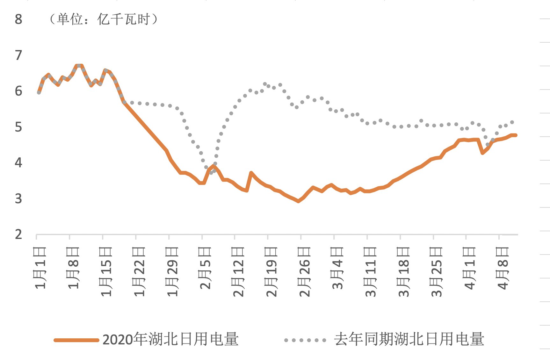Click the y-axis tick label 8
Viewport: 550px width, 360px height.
pos(18,19)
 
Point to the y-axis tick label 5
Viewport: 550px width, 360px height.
pos(18,127)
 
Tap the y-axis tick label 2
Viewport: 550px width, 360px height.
pos(18,234)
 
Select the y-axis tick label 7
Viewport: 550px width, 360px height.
pos(18,55)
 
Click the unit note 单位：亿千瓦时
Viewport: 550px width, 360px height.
pos(104,19)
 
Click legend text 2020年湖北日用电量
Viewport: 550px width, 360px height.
pos(170,340)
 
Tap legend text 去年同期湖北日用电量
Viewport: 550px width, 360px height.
pos(409,340)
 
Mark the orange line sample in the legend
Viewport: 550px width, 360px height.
pos(76,340)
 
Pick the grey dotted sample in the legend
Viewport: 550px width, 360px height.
pos(305,340)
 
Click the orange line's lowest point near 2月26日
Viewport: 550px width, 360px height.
pos(298,201)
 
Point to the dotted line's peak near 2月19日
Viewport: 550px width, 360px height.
pos(265,84)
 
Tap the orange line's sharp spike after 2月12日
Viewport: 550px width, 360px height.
pos(251,173)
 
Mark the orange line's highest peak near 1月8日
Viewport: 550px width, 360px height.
pos(79,66)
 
